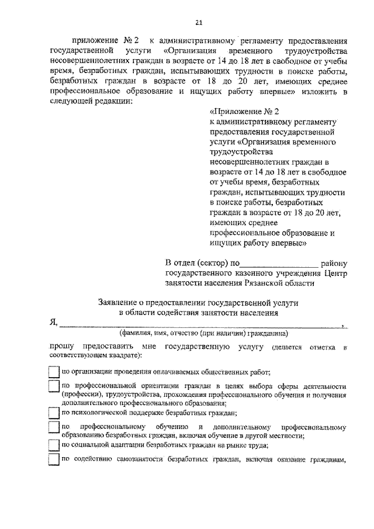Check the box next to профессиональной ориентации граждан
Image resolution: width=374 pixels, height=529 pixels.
[x=54, y=387]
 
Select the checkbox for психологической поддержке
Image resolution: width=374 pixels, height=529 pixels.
[x=54, y=412]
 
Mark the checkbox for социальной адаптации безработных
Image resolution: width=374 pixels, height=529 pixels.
[x=54, y=445]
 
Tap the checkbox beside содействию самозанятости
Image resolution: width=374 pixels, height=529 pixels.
[x=54, y=461]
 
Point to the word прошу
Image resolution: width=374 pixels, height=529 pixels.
[x=60, y=347]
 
